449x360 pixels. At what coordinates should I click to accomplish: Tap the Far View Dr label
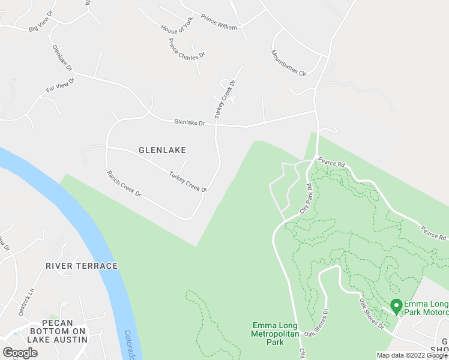pyautogui.click(x=60, y=85)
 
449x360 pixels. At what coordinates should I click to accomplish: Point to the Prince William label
pyautogui.click(x=218, y=23)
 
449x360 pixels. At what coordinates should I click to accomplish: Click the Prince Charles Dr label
pyautogui.click(x=187, y=49)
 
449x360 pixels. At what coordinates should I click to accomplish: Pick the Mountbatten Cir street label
pyautogui.click(x=289, y=62)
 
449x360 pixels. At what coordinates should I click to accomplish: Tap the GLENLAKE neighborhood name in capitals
pyautogui.click(x=162, y=150)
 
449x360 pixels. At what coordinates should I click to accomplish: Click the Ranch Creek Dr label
pyautogui.click(x=124, y=184)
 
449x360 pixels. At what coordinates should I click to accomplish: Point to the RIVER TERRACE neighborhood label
pyautogui.click(x=82, y=265)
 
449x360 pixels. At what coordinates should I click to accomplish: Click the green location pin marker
pyautogui.click(x=396, y=306)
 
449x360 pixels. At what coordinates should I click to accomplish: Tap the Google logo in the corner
pyautogui.click(x=20, y=352)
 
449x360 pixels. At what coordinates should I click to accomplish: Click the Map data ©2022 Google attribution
pyautogui.click(x=412, y=355)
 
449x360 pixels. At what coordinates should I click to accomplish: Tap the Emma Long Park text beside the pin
pyautogui.click(x=427, y=307)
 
